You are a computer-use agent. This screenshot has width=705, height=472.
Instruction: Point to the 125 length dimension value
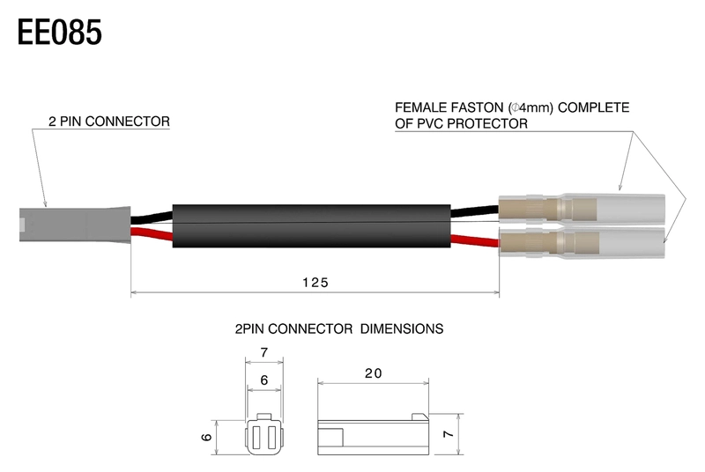[314, 283]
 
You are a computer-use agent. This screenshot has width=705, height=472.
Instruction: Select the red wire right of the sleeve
[476, 238]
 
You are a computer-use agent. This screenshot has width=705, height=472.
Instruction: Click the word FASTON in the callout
[467, 108]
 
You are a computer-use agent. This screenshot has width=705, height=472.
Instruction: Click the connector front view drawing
[263, 435]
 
